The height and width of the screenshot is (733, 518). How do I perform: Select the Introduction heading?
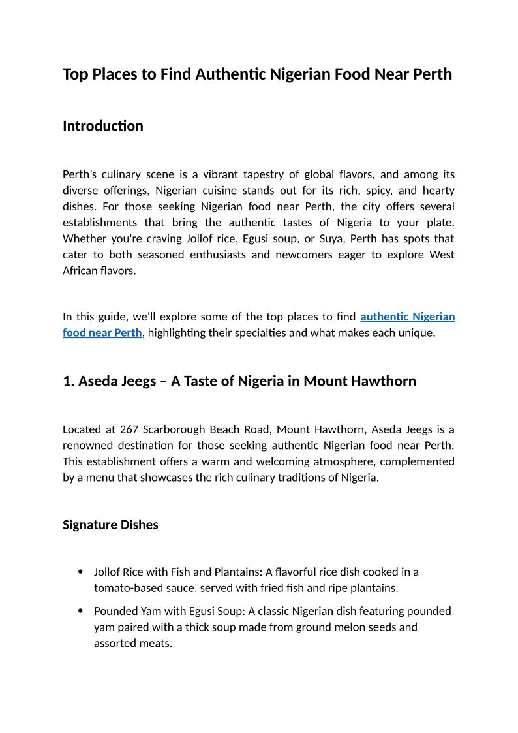pyautogui.click(x=102, y=126)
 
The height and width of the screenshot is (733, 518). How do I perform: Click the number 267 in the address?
pyautogui.click(x=129, y=429)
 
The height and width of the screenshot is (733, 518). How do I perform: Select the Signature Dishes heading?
pyautogui.click(x=110, y=525)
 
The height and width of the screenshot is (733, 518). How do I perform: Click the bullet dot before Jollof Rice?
pyautogui.click(x=80, y=572)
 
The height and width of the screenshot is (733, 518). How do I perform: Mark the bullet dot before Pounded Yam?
pyautogui.click(x=80, y=612)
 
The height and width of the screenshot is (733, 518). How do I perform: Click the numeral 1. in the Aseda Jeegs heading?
pyautogui.click(x=69, y=381)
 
